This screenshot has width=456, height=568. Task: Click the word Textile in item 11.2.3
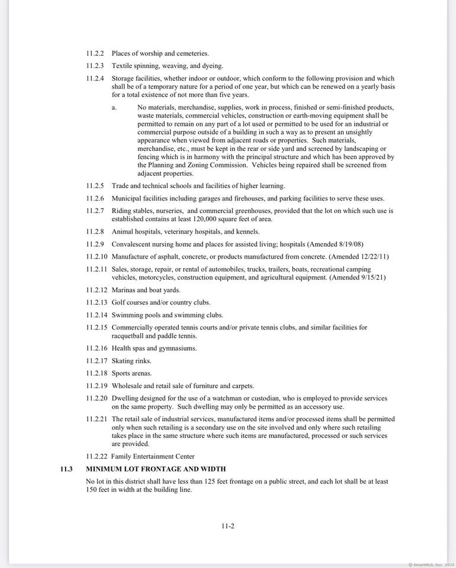[x=123, y=66]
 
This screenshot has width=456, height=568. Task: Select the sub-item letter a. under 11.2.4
[x=114, y=108]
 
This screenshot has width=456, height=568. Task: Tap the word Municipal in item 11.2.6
[x=127, y=198]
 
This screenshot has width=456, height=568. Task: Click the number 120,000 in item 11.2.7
[x=190, y=219]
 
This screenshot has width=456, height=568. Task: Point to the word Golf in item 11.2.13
[x=118, y=302]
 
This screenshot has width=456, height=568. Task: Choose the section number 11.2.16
[x=97, y=348]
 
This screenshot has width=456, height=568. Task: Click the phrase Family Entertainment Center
[x=153, y=456]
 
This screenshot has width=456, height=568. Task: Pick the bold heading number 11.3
[x=66, y=469]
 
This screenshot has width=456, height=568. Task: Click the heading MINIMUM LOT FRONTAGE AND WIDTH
[x=156, y=469]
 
